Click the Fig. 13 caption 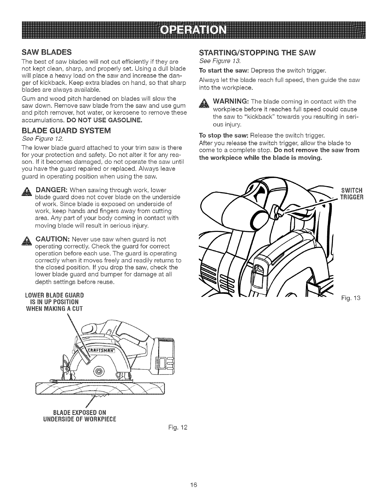click(x=354, y=298)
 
